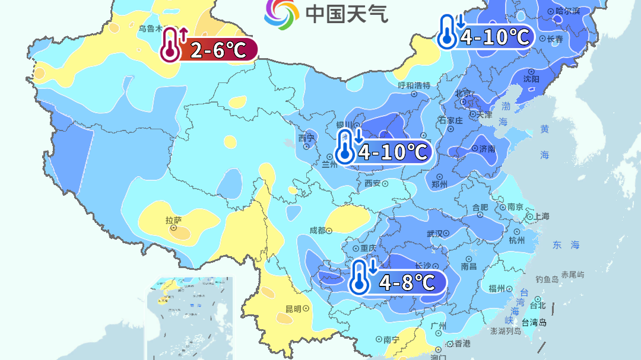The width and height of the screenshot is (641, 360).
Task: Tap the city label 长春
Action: tap(554, 39)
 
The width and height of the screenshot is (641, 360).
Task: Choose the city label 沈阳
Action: tap(531, 79)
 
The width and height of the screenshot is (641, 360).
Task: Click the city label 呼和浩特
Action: tap(413, 85)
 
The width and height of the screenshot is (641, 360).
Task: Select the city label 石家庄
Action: tap(450, 120)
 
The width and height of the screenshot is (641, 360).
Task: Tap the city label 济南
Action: tap(487, 149)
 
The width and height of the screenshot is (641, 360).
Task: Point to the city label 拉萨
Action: tap(173, 221)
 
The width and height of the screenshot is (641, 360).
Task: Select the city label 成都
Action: tap(318, 231)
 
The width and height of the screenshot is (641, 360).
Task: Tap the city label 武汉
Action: tap(435, 234)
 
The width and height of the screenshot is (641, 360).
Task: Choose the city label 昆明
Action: tap(294, 309)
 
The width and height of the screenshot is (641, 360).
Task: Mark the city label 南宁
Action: tap(391, 339)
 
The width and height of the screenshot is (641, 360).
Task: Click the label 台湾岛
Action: tap(534, 323)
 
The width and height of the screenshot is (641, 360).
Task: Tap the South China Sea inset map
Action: tap(189, 317)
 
